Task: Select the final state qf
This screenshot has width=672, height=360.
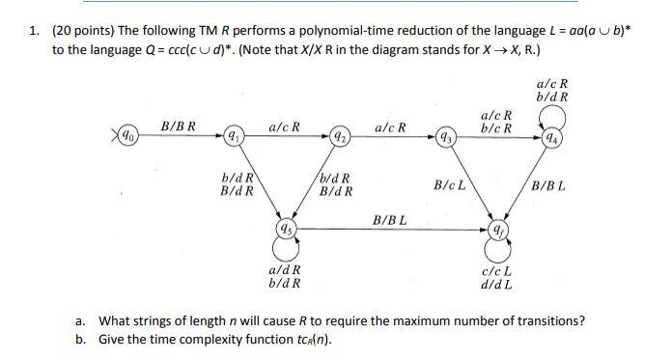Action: pyautogui.click(x=496, y=231)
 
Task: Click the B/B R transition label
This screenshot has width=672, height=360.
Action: pyautogui.click(x=178, y=126)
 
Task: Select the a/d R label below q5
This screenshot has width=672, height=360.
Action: pyautogui.click(x=285, y=270)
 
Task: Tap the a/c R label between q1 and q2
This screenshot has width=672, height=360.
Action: pyautogui.click(x=284, y=126)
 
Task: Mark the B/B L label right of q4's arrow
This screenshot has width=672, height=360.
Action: pyautogui.click(x=547, y=184)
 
